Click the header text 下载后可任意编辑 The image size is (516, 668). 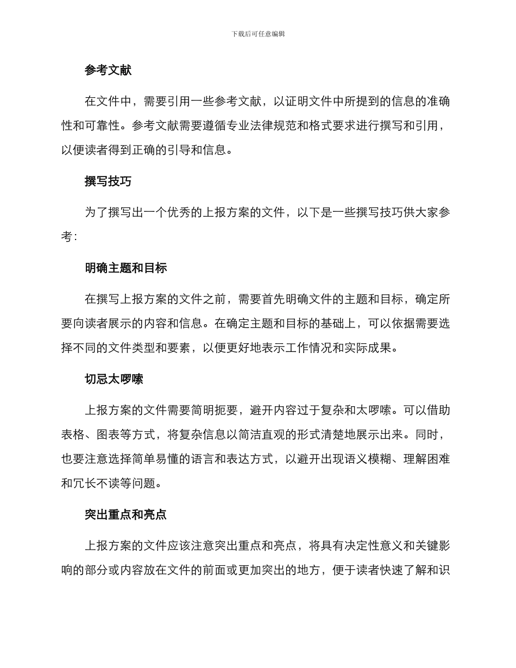click(x=258, y=34)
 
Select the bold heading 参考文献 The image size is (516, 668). click(x=108, y=70)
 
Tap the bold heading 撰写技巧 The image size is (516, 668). click(x=108, y=181)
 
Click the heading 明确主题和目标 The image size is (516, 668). click(x=126, y=268)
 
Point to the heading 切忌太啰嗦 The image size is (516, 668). click(x=114, y=379)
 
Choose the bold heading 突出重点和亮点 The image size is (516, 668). click(x=126, y=514)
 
